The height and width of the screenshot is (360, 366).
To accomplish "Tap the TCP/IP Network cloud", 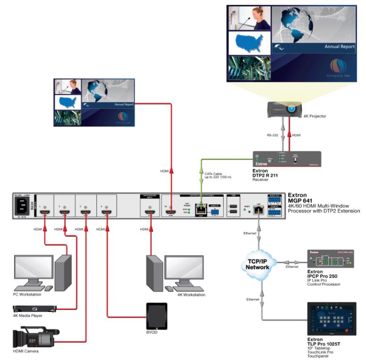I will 257,263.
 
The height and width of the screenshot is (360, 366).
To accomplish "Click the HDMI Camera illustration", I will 35,337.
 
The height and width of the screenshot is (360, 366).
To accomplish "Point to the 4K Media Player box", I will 34,309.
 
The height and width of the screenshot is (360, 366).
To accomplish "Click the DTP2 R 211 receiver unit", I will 286,160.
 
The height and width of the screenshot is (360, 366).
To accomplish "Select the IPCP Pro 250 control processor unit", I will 331,259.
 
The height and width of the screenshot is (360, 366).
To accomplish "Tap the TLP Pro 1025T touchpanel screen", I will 331,319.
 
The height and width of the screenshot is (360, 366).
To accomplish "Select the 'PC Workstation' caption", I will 28,295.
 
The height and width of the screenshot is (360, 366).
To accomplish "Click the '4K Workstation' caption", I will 191,295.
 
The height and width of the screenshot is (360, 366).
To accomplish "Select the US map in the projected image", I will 248,44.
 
